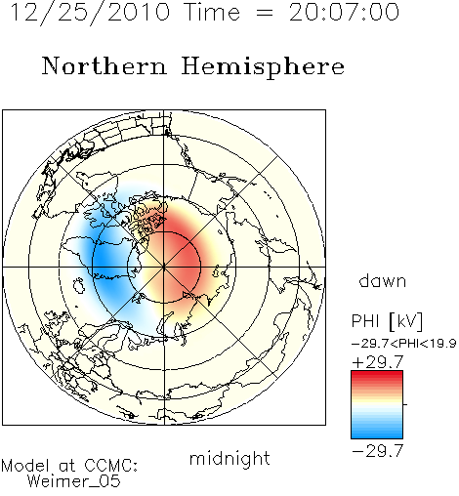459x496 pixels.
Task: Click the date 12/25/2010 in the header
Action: [x=90, y=13]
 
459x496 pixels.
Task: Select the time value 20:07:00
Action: [x=344, y=13]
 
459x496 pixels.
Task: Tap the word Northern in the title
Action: [x=104, y=65]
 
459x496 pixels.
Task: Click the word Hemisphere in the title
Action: [x=263, y=67]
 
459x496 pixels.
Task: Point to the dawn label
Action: [x=383, y=280]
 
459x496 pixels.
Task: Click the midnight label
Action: [x=229, y=458]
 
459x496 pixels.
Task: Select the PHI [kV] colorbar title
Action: [x=388, y=321]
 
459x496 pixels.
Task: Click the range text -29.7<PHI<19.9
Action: [x=404, y=344]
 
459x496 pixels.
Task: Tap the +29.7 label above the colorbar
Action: [x=378, y=362]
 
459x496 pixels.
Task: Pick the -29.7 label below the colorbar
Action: [x=378, y=451]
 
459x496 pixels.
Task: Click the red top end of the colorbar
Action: [x=377, y=374]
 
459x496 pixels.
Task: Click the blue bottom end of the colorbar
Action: [x=377, y=434]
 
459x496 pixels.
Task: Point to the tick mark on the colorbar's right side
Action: [x=405, y=404]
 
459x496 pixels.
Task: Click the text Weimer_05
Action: [x=74, y=481]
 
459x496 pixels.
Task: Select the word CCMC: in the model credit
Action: [x=111, y=466]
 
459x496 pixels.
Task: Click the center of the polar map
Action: [x=164, y=267]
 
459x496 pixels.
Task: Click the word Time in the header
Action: [x=212, y=13]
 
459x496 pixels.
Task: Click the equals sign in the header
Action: [x=265, y=14]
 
